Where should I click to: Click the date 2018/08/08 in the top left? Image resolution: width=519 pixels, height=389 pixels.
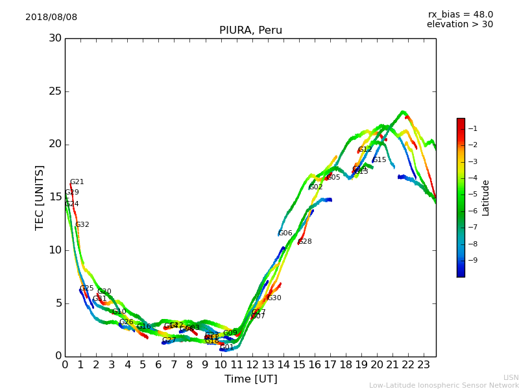pyautogui.click(x=51, y=17)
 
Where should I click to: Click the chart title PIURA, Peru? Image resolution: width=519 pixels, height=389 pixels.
pyautogui.click(x=250, y=30)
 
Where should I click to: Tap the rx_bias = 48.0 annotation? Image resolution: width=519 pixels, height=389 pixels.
pyautogui.click(x=460, y=14)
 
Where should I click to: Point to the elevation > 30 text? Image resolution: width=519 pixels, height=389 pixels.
pyautogui.click(x=459, y=25)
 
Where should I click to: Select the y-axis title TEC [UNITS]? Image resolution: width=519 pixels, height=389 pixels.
pyautogui.click(x=40, y=197)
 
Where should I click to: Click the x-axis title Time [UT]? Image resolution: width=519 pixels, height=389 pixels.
pyautogui.click(x=250, y=379)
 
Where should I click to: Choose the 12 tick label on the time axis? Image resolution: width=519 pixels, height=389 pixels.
pyautogui.click(x=252, y=364)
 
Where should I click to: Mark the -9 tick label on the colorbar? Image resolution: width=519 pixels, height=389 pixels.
pyautogui.click(x=472, y=260)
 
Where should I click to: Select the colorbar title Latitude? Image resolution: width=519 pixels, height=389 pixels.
pyautogui.click(x=486, y=198)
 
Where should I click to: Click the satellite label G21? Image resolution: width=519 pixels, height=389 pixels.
pyautogui.click(x=77, y=182)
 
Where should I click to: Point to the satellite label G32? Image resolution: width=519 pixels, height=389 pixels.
pyautogui.click(x=82, y=225)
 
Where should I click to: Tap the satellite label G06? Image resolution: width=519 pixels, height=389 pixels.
pyautogui.click(x=285, y=233)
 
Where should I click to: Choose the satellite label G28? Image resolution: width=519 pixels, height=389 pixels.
pyautogui.click(x=304, y=242)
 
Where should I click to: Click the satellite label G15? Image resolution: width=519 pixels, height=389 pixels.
pyautogui.click(x=379, y=160)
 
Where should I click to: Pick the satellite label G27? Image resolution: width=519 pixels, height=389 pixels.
pyautogui.click(x=169, y=340)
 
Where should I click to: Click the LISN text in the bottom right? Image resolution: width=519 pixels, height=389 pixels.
pyautogui.click(x=511, y=377)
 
